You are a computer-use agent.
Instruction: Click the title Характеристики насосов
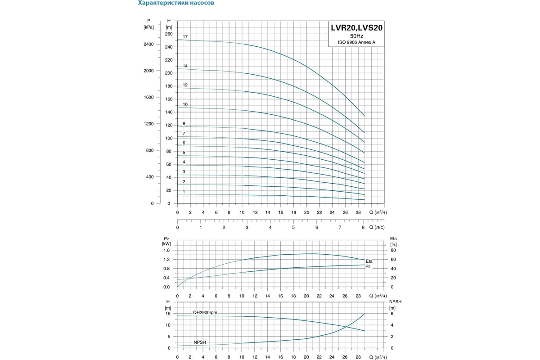[176, 3]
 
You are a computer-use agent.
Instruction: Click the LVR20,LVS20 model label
[357, 27]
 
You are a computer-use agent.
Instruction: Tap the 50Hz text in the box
[357, 36]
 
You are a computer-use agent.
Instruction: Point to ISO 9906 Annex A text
[357, 43]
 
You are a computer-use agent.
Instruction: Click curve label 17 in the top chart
[185, 36]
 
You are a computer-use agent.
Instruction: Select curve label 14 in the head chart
[185, 66]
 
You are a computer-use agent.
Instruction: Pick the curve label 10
[185, 104]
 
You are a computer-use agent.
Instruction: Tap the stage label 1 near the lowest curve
[184, 191]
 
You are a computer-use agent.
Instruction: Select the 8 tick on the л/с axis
[363, 228]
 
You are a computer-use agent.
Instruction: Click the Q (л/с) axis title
[377, 228]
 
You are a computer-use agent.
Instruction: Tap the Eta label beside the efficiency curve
[369, 261]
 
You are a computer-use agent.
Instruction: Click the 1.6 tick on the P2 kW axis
[166, 250]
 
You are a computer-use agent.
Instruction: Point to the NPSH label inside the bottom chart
[200, 342]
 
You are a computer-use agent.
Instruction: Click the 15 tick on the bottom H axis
[168, 314]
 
